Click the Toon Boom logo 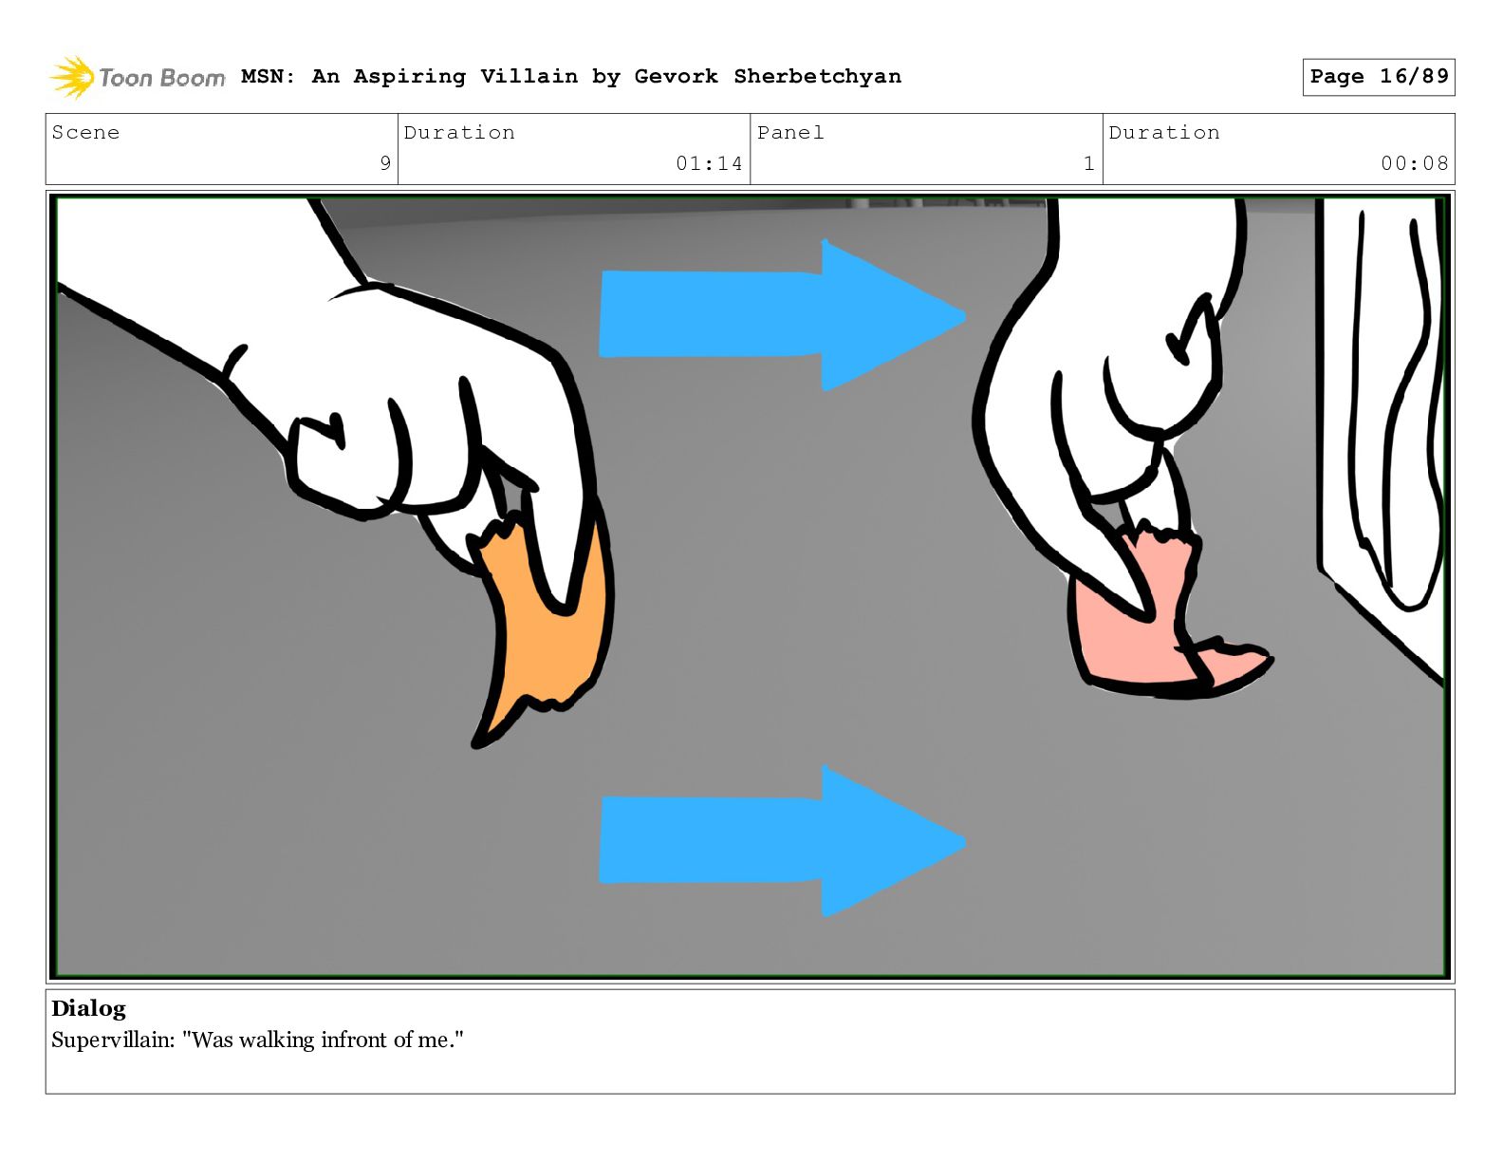click(x=137, y=77)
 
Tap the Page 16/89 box click(x=1378, y=77)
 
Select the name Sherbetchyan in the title click(x=818, y=76)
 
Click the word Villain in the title click(x=529, y=76)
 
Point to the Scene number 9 click(x=385, y=163)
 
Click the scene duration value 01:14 click(x=709, y=163)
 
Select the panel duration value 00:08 click(x=1415, y=163)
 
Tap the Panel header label click(x=790, y=132)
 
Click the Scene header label click(x=85, y=132)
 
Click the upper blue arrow click(x=782, y=315)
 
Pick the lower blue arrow click(x=782, y=841)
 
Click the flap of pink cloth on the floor click(x=1234, y=665)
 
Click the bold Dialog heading click(x=88, y=1008)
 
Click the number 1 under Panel click(x=1088, y=163)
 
